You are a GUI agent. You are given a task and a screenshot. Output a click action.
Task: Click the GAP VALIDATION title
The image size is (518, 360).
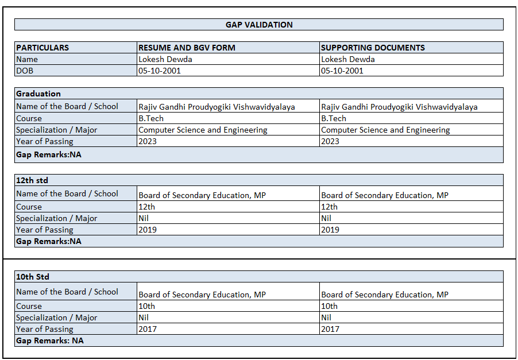259,25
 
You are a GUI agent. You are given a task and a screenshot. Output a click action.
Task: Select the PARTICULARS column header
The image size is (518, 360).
42,48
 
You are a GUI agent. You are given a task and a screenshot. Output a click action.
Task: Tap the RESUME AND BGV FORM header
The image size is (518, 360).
187,48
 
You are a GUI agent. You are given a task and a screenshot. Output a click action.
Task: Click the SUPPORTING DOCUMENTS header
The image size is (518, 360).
373,48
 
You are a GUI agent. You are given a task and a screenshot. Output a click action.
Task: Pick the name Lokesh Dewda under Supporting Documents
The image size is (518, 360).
348,59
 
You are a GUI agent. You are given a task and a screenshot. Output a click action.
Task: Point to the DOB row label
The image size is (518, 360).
25,71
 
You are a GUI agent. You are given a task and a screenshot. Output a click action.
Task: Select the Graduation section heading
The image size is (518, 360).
38,94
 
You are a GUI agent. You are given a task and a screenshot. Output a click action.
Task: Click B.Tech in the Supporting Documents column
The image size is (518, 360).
334,118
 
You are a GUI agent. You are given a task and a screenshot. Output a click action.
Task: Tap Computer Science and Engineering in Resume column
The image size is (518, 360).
203,130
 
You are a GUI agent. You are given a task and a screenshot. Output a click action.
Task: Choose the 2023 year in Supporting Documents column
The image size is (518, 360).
330,141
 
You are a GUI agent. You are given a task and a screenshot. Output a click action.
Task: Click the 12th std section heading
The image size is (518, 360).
32,180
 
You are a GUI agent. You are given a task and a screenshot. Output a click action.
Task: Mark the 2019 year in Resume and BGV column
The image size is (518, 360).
148,230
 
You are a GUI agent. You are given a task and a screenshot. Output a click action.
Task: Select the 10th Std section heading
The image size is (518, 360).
33,277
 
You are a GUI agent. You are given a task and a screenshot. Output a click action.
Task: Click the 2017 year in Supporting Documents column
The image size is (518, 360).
330,329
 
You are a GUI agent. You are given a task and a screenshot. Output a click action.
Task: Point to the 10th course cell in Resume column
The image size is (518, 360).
147,306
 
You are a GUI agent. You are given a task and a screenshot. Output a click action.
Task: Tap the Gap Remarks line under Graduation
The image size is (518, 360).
49,154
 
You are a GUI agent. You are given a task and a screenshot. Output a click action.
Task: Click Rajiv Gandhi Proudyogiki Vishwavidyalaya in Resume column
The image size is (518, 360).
217,107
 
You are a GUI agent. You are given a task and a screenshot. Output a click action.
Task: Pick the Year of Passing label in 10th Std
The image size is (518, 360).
45,329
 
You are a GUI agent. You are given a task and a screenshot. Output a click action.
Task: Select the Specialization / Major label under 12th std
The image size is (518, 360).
56,218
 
